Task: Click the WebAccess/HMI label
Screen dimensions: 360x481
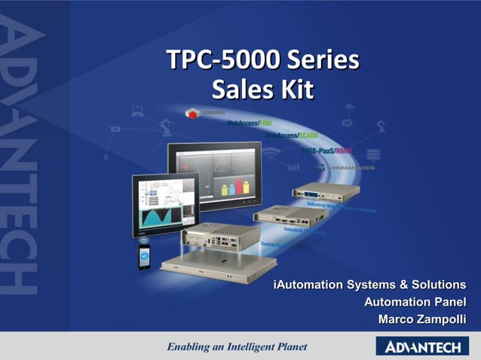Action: [249, 123]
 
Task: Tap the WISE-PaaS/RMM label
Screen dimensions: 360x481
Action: [326, 151]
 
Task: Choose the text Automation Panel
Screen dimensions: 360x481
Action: [415, 302]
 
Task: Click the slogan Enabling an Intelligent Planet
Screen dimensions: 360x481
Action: [237, 347]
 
